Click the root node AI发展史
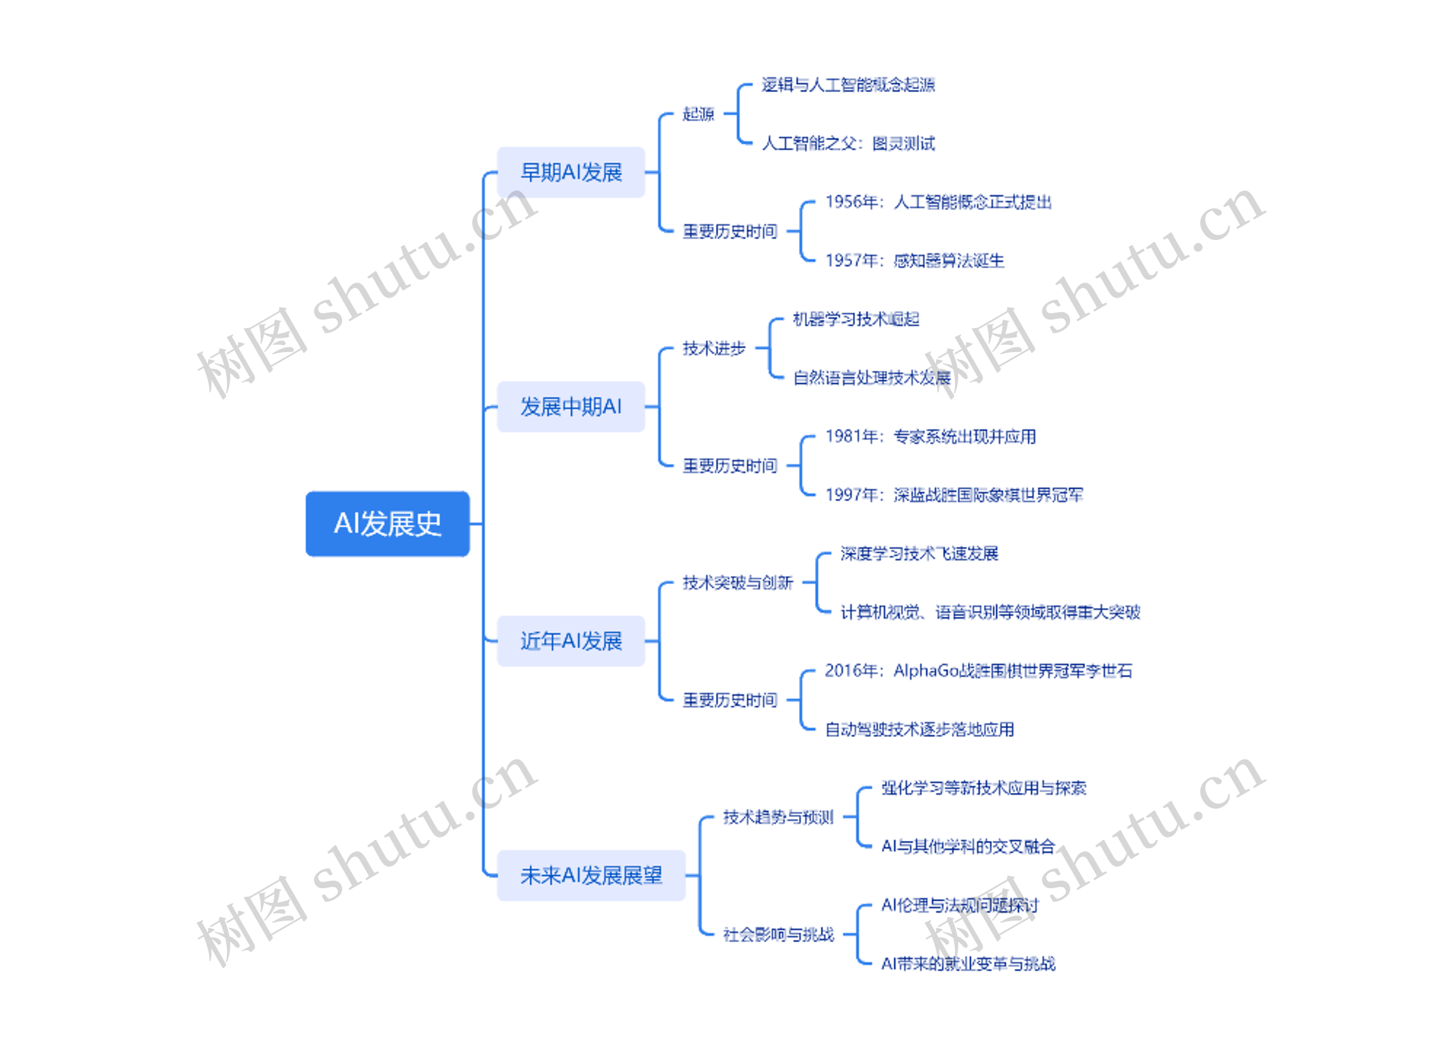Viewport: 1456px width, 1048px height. click(x=387, y=524)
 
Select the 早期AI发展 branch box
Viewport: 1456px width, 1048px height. click(x=570, y=172)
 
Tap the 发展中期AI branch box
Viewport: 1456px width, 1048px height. click(x=570, y=406)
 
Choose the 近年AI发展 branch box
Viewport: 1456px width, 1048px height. click(x=570, y=640)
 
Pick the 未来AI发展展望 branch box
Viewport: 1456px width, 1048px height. click(x=590, y=875)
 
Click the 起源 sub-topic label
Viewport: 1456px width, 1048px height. click(x=698, y=114)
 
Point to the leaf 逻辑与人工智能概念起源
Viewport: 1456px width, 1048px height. click(x=847, y=85)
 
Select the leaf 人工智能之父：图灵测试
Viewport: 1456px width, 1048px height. click(x=847, y=143)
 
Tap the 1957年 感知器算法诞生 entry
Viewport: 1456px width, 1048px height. click(x=914, y=260)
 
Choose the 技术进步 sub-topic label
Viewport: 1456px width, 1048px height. click(x=714, y=349)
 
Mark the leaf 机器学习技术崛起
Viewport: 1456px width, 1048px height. click(x=856, y=319)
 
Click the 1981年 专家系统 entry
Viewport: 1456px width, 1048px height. click(x=930, y=436)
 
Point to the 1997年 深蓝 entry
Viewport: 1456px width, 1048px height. click(x=954, y=495)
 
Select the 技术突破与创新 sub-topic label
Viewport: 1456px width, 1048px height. click(x=738, y=583)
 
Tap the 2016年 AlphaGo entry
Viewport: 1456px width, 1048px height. click(x=978, y=670)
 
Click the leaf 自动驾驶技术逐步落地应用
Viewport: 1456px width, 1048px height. click(x=919, y=730)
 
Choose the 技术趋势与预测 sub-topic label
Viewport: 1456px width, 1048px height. click(x=778, y=817)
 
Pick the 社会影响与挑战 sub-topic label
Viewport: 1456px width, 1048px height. click(x=778, y=934)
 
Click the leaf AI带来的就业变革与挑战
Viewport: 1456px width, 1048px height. click(x=967, y=964)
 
